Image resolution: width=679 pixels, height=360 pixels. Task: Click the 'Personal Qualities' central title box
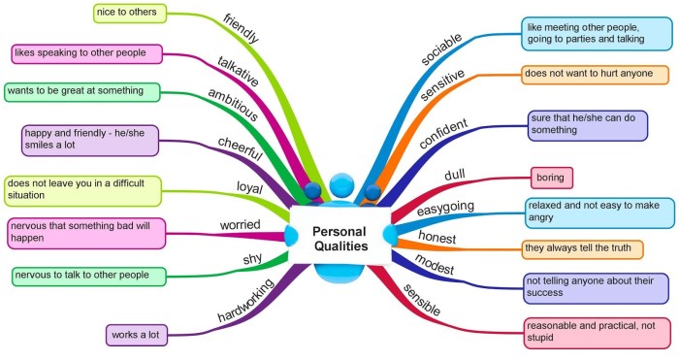[x=340, y=236]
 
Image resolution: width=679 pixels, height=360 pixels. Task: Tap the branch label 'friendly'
[x=242, y=28]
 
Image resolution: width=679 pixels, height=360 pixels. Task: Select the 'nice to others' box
[x=130, y=13]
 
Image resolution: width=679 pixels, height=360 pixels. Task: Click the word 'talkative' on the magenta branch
[x=239, y=72]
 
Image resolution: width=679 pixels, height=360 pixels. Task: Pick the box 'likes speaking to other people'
[x=86, y=53]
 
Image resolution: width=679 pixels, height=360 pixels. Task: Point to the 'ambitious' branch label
[x=233, y=105]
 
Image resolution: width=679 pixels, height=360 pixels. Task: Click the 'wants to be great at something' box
[x=81, y=92]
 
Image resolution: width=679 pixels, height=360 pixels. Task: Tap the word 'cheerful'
[x=241, y=148]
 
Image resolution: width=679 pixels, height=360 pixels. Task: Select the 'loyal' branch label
[x=250, y=187]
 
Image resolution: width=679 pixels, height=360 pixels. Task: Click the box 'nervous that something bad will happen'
[x=86, y=234]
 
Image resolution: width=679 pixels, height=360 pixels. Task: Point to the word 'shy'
[x=252, y=259]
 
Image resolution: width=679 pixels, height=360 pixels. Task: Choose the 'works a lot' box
[x=137, y=336]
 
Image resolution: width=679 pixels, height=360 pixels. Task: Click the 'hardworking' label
[x=245, y=300]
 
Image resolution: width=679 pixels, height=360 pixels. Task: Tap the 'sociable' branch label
[x=441, y=49]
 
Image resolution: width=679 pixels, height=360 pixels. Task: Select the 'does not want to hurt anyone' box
[x=595, y=75]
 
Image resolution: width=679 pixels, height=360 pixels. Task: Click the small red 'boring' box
[x=552, y=178]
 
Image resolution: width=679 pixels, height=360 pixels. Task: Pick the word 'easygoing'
[x=445, y=209]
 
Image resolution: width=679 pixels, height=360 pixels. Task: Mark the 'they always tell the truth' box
[x=582, y=249]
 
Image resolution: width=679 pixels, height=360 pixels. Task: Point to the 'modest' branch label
[x=435, y=264]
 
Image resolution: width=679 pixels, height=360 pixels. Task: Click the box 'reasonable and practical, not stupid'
[x=598, y=333]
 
